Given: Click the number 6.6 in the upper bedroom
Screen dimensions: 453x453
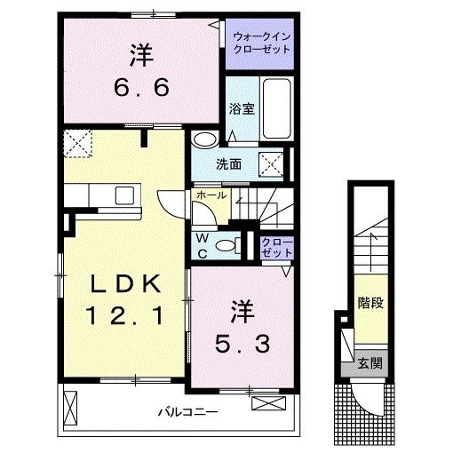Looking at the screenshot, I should [x=139, y=89].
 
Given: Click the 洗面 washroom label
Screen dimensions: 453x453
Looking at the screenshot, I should [x=227, y=163].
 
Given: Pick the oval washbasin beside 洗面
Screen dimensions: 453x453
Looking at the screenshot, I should [x=205, y=139].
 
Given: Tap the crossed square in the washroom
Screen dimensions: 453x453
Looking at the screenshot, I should [x=271, y=163].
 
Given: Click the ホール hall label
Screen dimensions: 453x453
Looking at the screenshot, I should [x=210, y=195].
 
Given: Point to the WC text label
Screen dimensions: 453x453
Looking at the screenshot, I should [x=203, y=245].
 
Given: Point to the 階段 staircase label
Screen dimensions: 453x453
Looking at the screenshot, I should [x=370, y=303].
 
